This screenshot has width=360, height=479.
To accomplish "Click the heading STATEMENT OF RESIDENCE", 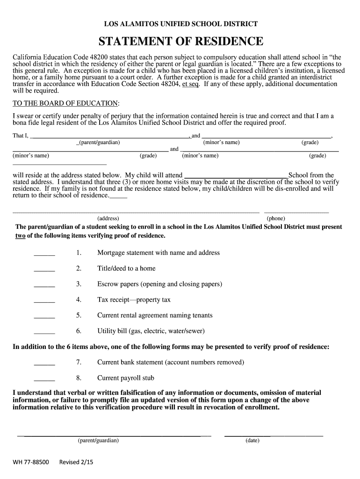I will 180,42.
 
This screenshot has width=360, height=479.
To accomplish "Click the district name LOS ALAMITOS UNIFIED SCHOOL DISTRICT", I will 180,24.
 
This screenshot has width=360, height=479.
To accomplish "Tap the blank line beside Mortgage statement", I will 44,255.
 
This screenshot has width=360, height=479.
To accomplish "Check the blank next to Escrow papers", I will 44,286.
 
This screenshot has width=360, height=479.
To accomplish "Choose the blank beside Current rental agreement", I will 44,318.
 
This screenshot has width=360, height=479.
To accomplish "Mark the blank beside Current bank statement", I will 44,364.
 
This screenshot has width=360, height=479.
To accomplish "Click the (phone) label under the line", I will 276,218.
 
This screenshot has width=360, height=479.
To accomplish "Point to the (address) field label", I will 108,218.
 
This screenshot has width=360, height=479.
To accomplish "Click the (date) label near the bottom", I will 252,441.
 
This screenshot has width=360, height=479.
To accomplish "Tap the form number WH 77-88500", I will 30,462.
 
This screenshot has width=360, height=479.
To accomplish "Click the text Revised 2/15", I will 76,462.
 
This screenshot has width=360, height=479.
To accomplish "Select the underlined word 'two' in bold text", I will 20,236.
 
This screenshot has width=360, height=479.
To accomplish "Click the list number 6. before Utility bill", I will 79,331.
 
